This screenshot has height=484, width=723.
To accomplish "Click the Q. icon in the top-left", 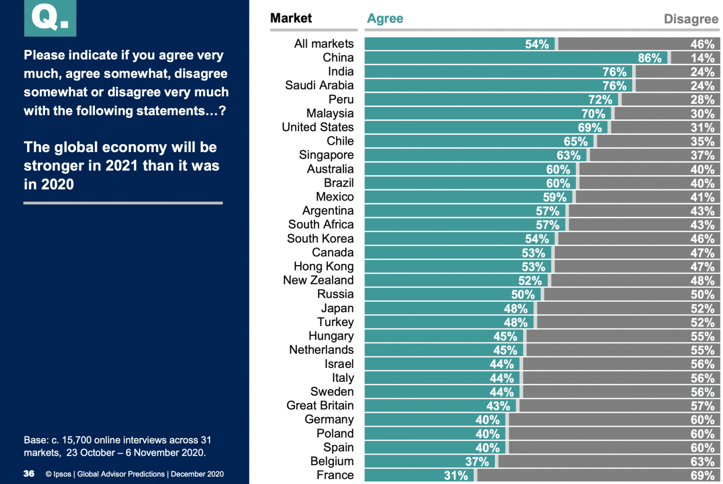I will click(50, 18).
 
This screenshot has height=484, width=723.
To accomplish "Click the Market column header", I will click(291, 18).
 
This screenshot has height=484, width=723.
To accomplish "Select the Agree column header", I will click(385, 19).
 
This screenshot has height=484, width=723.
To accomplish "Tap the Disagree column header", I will click(690, 19).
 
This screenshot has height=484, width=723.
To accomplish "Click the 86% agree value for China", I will click(649, 58).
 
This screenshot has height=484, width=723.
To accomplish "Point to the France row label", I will click(335, 475).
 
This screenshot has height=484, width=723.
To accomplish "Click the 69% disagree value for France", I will click(702, 476).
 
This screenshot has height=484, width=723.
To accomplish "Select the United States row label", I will click(318, 127).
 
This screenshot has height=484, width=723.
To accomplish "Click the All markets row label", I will click(323, 44).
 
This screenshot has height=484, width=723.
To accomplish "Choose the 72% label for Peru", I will click(600, 100).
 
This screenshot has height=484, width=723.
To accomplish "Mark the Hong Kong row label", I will click(323, 267).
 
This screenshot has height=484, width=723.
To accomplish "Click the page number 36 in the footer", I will click(29, 474).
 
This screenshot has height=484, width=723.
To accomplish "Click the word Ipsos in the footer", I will click(62, 474).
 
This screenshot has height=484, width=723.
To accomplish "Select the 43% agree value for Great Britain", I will click(498, 406).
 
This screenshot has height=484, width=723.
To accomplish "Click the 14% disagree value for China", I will click(702, 58).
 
